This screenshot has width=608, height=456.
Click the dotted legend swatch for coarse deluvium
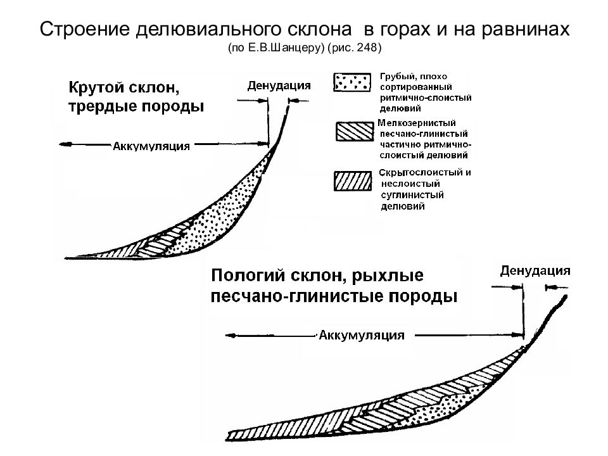(x=352, y=82)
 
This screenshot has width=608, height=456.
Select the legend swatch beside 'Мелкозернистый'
(x=355, y=132)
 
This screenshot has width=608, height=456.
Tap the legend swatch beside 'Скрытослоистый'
(x=353, y=181)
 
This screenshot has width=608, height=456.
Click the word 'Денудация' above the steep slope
(x=279, y=85)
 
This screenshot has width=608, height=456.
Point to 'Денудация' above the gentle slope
(x=535, y=270)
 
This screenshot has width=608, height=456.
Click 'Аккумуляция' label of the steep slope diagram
(x=151, y=146)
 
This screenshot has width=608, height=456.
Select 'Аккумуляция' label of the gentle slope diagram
(x=362, y=335)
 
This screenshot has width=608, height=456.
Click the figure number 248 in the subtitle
(x=367, y=47)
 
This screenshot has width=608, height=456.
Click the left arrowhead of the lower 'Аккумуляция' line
(x=231, y=336)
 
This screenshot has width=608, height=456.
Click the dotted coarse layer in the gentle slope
(x=446, y=407)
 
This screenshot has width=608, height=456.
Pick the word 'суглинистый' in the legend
(x=412, y=194)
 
